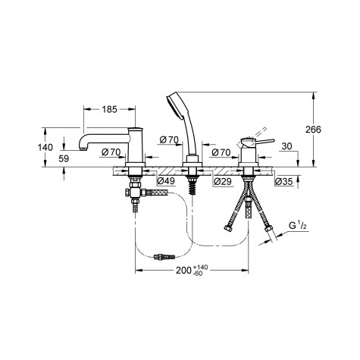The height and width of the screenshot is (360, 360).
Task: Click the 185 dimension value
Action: click(110, 109)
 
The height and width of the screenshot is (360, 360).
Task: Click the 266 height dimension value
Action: click(313, 130)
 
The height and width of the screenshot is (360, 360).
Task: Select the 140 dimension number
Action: click(45, 147)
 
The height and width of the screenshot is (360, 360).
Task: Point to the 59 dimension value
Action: click(64, 159)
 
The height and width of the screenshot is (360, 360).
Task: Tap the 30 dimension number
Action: click(286, 146)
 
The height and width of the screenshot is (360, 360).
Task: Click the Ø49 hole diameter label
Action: click(166, 181)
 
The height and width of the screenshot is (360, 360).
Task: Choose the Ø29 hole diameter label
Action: click(222, 181)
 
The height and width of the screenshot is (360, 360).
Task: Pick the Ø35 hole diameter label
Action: click(283, 181)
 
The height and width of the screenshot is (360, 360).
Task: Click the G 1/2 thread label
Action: click(298, 226)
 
